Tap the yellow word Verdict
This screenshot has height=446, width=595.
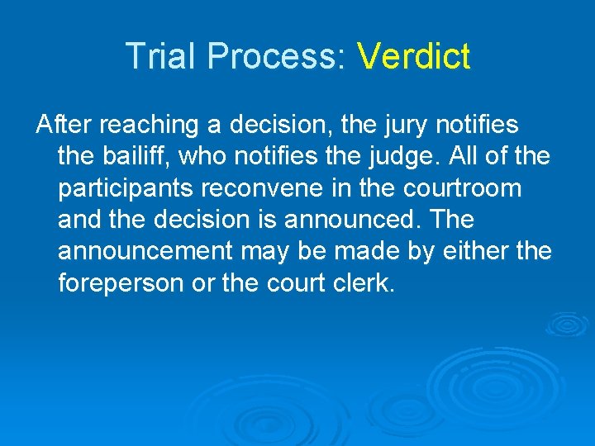[x=413, y=57]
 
